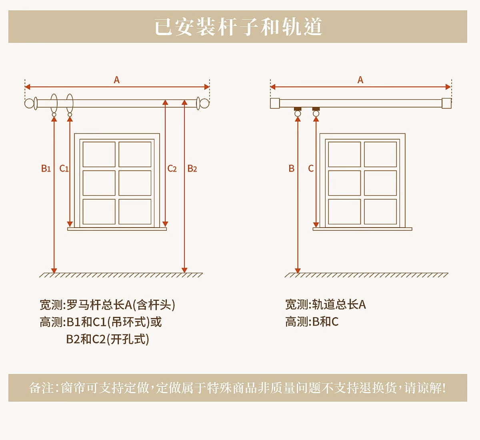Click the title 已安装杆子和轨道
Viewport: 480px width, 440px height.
[238, 27]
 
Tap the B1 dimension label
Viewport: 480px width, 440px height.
[46, 168]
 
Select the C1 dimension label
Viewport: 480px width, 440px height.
[64, 168]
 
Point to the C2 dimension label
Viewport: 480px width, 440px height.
[172, 168]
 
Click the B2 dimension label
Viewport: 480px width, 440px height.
[192, 168]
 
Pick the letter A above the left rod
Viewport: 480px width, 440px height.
[116, 80]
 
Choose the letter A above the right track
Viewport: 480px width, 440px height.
[360, 80]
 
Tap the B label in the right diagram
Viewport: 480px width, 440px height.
[292, 168]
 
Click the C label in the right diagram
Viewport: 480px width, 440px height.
[311, 168]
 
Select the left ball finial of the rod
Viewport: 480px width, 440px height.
[29, 104]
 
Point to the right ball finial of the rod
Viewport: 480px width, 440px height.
[205, 104]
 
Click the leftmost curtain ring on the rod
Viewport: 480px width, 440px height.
[54, 103]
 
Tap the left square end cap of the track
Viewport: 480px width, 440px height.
[275, 104]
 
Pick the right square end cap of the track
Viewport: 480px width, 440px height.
[446, 104]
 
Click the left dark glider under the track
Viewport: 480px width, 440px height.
[298, 109]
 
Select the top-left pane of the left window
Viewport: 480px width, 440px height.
[99, 154]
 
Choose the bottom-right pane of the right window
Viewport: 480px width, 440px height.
[380, 212]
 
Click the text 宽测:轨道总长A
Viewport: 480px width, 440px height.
[326, 305]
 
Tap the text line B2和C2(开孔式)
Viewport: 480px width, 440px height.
[108, 339]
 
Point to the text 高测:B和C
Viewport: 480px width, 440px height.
[312, 322]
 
